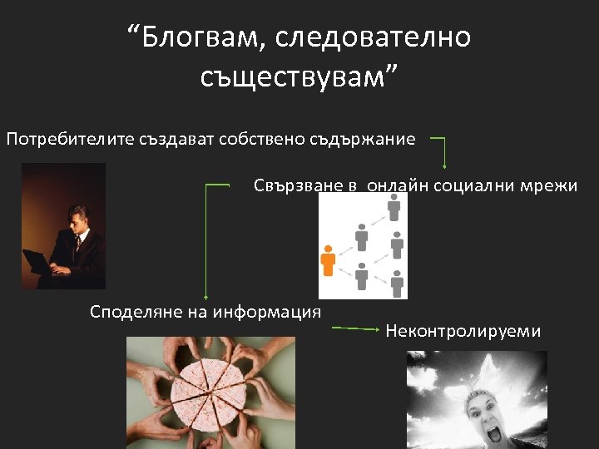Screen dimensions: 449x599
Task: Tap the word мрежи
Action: (550, 185)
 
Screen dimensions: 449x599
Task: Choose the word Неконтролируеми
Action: (463, 332)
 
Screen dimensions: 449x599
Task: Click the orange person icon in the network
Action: (329, 259)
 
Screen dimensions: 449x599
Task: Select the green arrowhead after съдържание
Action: (444, 164)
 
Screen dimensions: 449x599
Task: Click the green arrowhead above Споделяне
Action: (205, 292)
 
